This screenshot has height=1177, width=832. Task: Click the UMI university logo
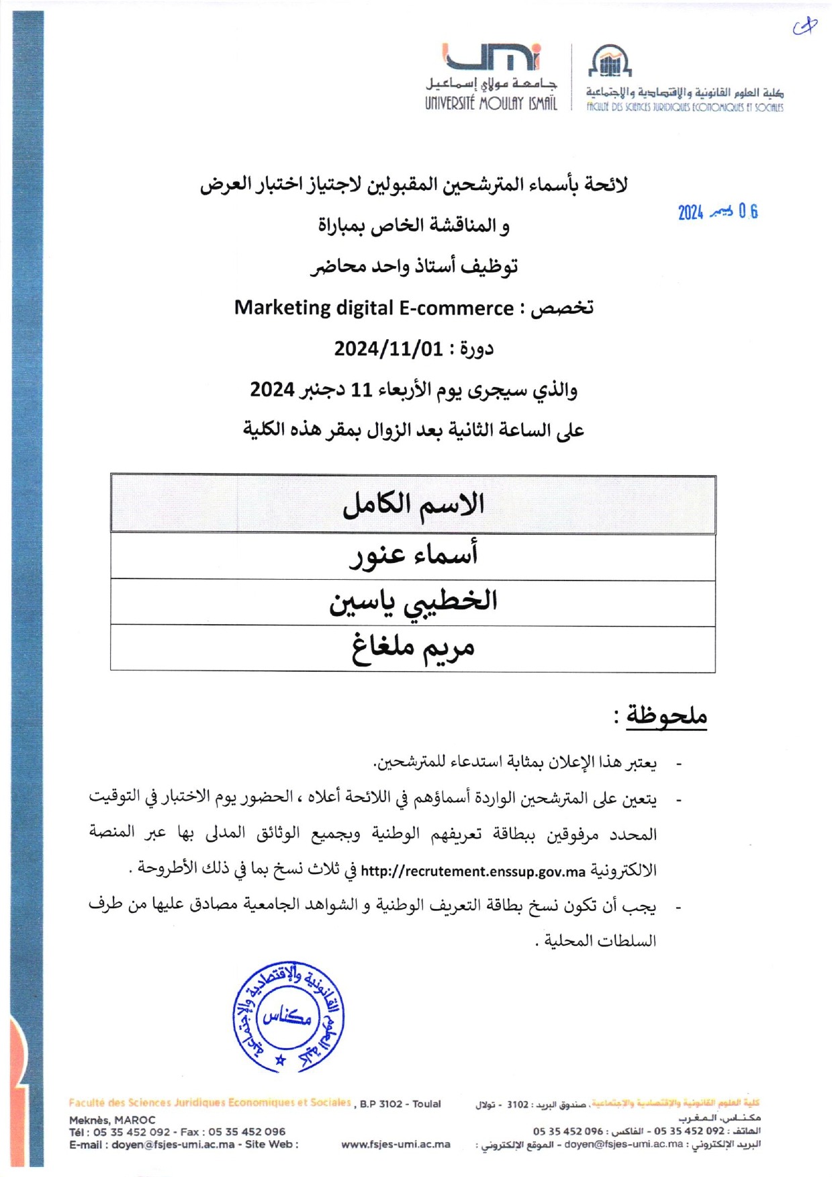pos(492,58)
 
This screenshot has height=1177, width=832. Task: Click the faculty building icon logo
pos(610,62)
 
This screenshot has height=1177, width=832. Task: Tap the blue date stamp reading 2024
pos(717,212)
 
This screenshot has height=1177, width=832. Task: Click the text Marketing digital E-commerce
pos(373,308)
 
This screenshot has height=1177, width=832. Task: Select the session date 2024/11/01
pos(389,349)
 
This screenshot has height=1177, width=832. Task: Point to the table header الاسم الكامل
pos(413,505)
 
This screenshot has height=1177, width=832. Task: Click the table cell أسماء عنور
pos(413,555)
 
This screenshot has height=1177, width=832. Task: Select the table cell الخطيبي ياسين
pos(413,602)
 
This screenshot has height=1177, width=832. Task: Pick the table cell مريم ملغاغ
pos(413,648)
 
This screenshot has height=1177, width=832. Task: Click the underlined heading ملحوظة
pos(666,715)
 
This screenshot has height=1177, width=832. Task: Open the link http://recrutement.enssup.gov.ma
pos(473,872)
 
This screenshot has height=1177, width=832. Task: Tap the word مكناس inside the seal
pos(287,1016)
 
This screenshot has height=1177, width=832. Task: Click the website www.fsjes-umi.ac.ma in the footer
pos(396,1144)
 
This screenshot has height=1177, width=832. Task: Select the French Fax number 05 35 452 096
pos(246,1131)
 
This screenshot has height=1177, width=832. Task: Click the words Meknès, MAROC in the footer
pos(112,1120)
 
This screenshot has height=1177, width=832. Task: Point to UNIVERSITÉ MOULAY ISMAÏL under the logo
pos(491,103)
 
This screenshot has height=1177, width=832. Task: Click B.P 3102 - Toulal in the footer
pos(400,1104)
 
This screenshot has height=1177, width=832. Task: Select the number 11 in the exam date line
pos(362,390)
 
